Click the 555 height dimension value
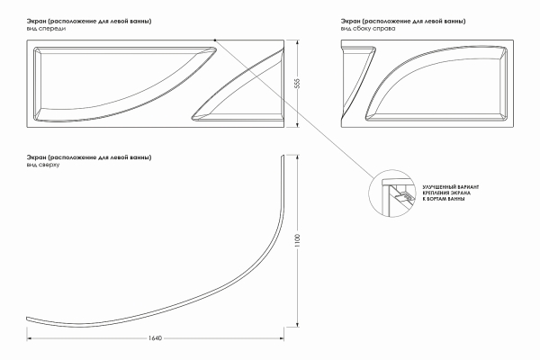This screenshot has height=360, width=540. [298, 84]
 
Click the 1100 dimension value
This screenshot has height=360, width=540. [298, 240]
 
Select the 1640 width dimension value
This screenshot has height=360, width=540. [155, 338]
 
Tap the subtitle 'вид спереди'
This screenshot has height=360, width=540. [46, 29]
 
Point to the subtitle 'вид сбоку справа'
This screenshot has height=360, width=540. [368, 29]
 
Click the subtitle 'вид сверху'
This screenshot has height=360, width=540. [43, 165]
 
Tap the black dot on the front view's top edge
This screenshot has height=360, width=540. [215, 40]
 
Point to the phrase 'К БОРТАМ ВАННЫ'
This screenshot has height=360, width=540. [444, 199]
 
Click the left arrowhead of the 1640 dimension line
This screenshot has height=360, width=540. [30, 338]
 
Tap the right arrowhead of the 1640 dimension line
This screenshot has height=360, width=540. [282, 338]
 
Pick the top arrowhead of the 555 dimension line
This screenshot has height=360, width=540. [298, 42]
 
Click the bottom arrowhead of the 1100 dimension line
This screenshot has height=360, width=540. [298, 324]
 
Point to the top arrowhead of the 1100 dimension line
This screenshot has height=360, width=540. [298, 157]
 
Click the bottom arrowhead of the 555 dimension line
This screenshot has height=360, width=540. [298, 125]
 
